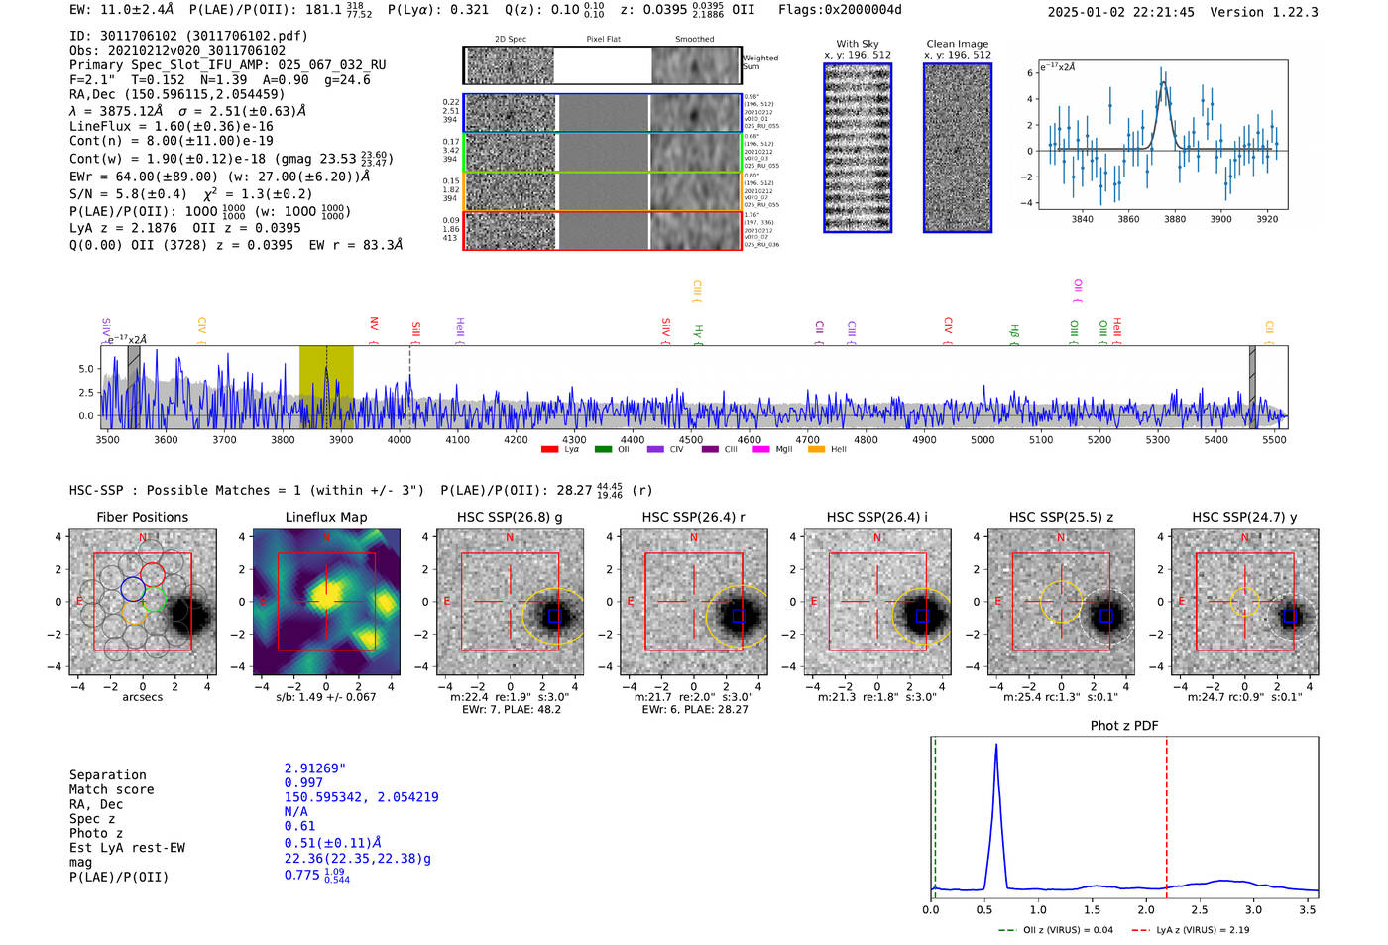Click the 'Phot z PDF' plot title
tap(1123, 726)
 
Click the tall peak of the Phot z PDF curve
tap(995, 747)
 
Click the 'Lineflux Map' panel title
tap(325, 517)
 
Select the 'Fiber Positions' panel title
tap(142, 517)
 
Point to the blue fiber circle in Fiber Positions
tap(133, 589)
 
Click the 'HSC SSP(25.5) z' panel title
tap(1061, 517)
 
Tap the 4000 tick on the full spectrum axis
tap(400, 439)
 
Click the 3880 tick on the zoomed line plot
tap(1175, 219)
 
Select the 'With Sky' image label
tap(857, 44)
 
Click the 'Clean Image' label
tap(957, 44)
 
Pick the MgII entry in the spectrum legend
tap(783, 450)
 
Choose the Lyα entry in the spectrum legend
tap(571, 450)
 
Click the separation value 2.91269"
tap(314, 768)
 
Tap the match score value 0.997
tap(303, 783)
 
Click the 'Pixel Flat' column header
tap(603, 40)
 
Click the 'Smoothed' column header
tap(694, 40)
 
